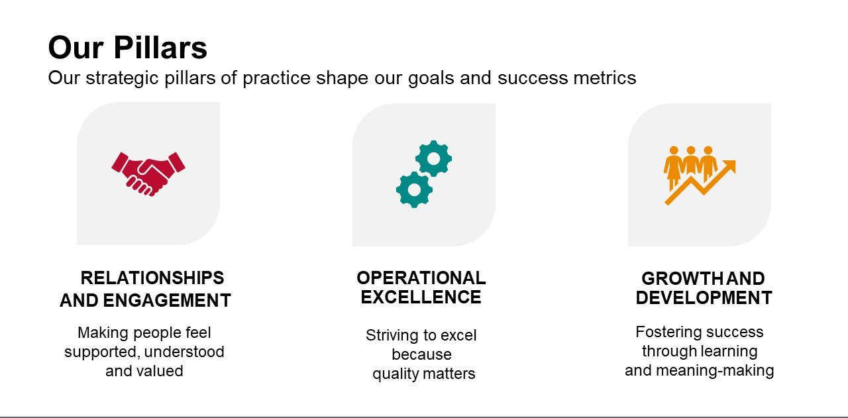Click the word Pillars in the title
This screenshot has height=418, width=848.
point(160,48)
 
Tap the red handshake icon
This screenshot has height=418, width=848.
point(148,174)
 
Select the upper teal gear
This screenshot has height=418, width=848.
point(433,158)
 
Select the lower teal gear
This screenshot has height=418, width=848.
point(415,189)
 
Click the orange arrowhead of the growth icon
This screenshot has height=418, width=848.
point(729,166)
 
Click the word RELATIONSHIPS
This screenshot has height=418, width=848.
point(152,278)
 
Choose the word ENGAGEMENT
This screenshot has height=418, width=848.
point(167,301)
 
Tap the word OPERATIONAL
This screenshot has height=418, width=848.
point(421,278)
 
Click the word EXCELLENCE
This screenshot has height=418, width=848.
point(421,297)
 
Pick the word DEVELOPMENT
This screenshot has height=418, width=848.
point(704,298)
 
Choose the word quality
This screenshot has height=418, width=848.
point(395,374)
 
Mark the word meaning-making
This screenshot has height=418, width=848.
point(715,371)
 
